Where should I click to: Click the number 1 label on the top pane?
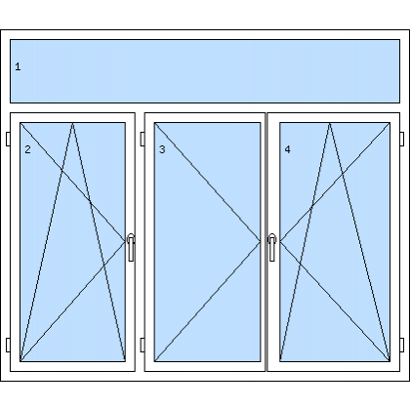tap(18, 66)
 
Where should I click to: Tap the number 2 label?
tap(27, 149)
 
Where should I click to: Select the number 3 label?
tap(162, 149)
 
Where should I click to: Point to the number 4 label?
tap(287, 149)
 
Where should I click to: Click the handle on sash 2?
tap(131, 247)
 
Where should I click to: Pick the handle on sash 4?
tap(272, 247)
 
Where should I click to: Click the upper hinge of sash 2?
tap(8, 139)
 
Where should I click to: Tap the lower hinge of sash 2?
tap(8, 345)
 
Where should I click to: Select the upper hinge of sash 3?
tap(143, 139)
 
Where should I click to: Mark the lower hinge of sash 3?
tap(143, 345)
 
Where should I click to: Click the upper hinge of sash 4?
tap(402, 139)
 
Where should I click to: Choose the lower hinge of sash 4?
tap(402, 345)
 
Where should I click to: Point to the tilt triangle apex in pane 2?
tap(72, 123)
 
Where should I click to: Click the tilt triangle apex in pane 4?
tap(329, 123)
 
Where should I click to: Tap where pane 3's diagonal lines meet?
tap(260, 241)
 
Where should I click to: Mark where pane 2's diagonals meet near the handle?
tap(125, 241)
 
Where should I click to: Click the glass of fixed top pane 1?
tap(205, 71)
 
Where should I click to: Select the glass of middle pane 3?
tap(207, 242)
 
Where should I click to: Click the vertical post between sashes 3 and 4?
tap(266, 242)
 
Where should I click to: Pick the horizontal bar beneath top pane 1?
tap(205, 107)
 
